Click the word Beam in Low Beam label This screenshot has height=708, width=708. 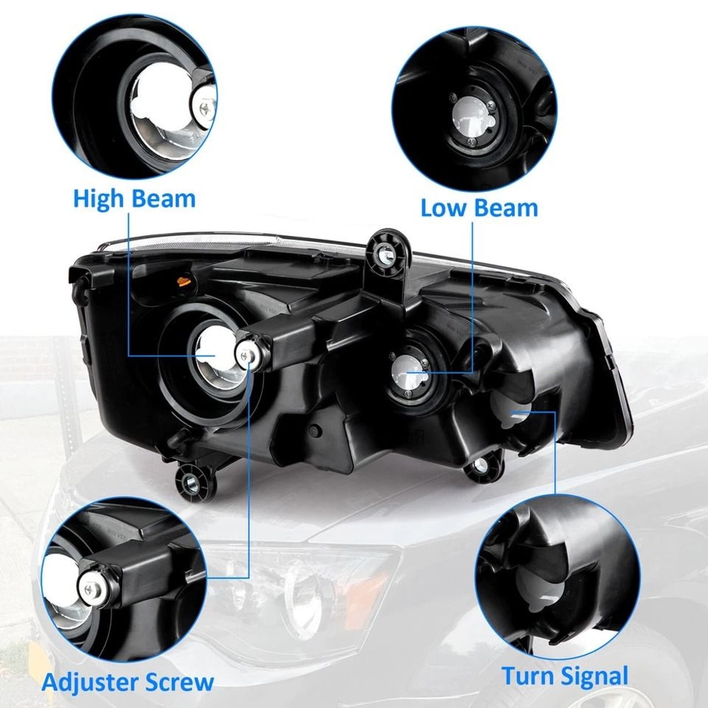pos(507,208)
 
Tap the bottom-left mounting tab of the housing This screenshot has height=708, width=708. pos(191,482)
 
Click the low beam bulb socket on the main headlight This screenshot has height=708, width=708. pos(407,370)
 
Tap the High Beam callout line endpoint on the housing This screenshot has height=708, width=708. pos(212,354)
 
